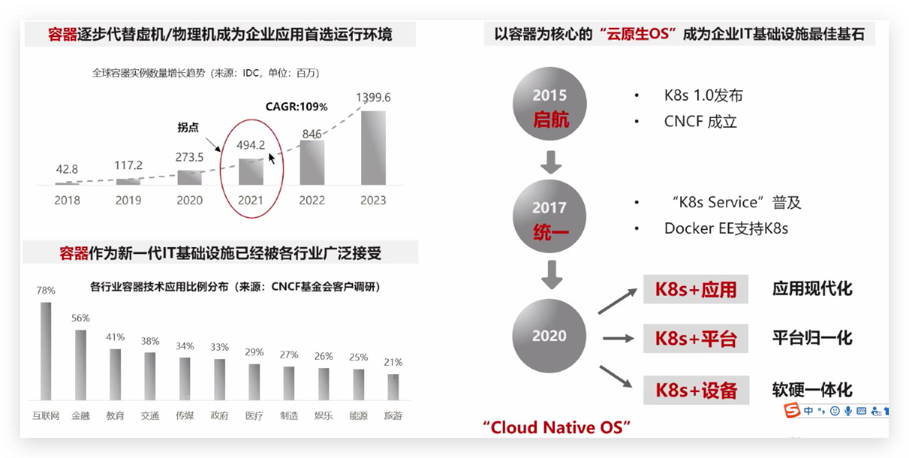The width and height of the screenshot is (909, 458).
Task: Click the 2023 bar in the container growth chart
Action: coord(373,148)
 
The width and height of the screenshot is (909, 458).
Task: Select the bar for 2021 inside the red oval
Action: coord(251,172)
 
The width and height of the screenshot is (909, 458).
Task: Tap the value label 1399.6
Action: coord(373,97)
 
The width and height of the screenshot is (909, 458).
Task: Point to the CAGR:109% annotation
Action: coord(296,106)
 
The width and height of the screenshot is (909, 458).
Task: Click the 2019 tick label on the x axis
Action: coord(128,200)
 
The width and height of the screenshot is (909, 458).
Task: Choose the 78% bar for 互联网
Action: coord(46,351)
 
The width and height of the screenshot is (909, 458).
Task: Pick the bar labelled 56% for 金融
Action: coord(80,365)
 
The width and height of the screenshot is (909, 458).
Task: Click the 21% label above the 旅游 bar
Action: coord(393,362)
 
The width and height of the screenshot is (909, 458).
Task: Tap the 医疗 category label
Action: coord(254,416)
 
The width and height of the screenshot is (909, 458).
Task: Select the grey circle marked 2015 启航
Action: coord(550,104)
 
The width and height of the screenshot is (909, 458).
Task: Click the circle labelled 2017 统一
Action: coord(550,216)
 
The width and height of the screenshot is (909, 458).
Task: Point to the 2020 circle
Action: coord(549,336)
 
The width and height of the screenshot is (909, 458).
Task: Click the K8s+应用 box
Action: coord(696,289)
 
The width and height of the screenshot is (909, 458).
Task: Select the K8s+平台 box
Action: coord(696,338)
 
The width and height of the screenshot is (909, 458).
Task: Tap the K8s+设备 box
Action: coord(696,390)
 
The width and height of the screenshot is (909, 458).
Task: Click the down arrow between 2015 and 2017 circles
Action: coord(551,162)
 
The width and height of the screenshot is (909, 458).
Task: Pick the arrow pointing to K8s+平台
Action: coord(619,338)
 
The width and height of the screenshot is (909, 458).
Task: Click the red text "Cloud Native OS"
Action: coord(556,427)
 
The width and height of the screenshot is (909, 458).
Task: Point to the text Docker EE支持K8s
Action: coord(726,228)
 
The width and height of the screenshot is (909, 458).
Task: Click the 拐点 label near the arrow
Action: coord(188,128)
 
